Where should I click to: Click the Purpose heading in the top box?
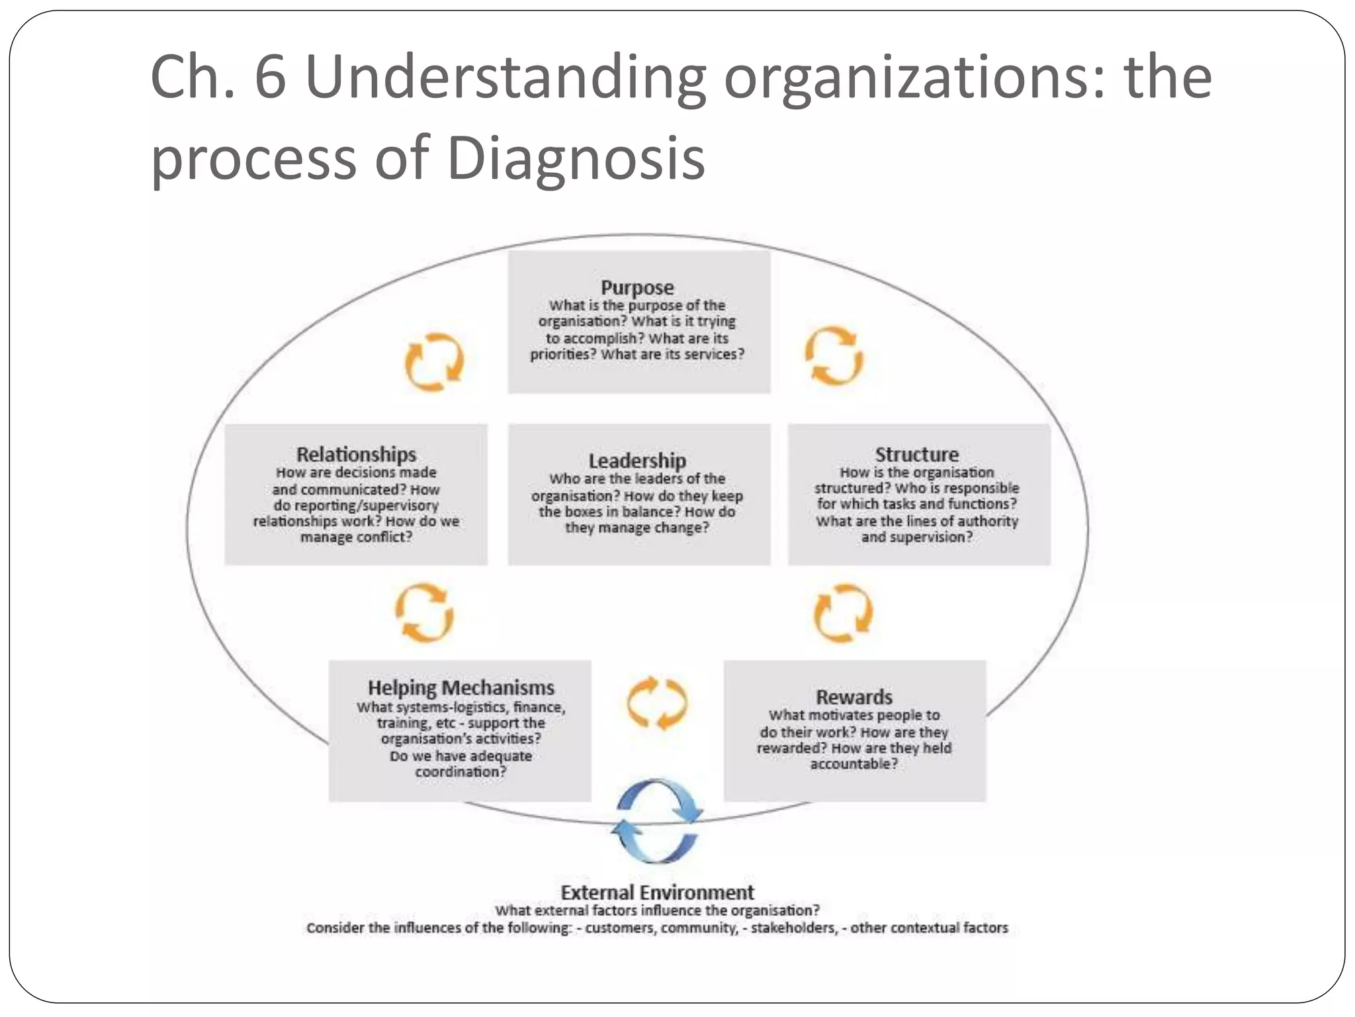tap(637, 287)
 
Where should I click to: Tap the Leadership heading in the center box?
tap(637, 460)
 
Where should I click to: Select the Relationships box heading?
tap(356, 454)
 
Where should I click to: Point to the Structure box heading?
tap(916, 454)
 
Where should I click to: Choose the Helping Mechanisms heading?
tap(460, 687)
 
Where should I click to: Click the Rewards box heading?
tap(853, 697)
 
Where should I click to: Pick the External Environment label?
tap(657, 892)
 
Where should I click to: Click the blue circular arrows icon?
tap(656, 821)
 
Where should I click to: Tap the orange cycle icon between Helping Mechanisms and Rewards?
tap(657, 703)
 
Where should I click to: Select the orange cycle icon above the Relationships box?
tap(434, 362)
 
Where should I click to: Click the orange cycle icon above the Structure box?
tap(834, 356)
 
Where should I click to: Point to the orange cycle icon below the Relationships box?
tap(424, 612)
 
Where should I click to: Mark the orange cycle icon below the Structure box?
tap(843, 613)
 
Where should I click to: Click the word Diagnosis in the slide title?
tap(576, 159)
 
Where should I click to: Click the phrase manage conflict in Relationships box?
tap(356, 537)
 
